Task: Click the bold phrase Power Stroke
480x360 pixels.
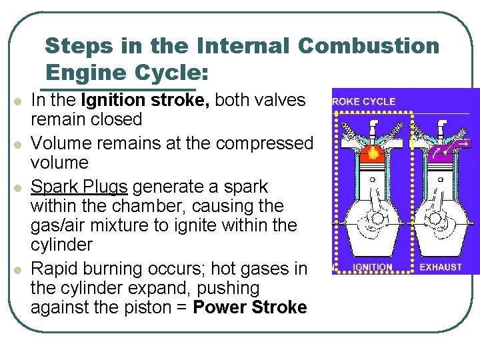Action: [250, 307]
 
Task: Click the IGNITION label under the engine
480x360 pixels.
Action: [373, 267]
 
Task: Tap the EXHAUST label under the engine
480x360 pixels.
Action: [441, 267]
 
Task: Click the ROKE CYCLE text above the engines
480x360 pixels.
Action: [364, 102]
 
